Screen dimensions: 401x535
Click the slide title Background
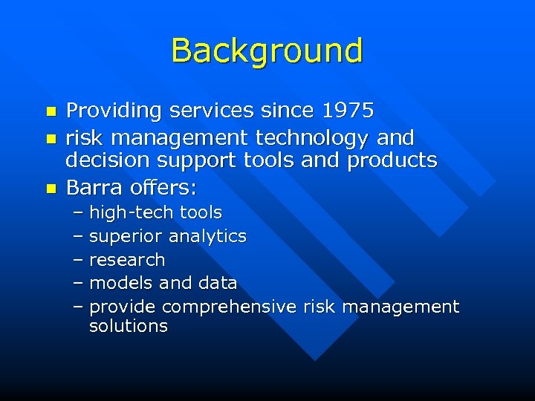267,50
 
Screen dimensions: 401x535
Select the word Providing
114,111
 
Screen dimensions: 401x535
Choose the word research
127,260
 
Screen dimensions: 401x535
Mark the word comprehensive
230,307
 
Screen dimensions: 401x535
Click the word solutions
128,326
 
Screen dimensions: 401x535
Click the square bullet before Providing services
51,112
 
